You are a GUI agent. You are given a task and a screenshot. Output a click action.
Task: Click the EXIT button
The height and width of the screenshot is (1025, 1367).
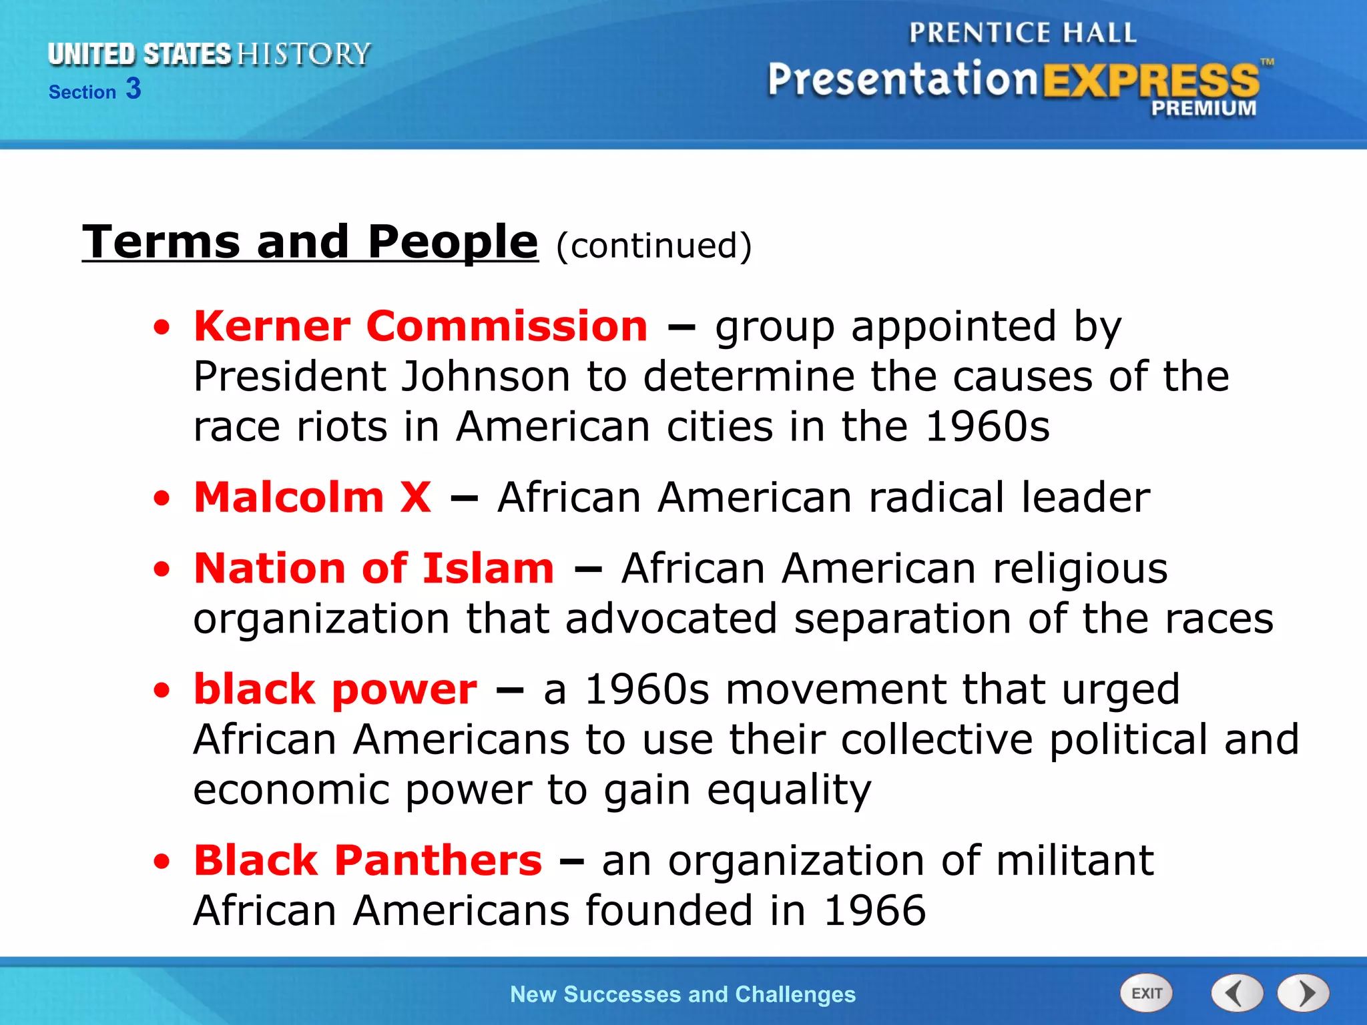pyautogui.click(x=1146, y=994)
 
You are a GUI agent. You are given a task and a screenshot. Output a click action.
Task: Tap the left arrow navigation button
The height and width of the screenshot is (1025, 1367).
pyautogui.click(x=1237, y=994)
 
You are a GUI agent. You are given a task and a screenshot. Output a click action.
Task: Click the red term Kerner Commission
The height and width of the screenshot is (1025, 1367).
pyautogui.click(x=421, y=326)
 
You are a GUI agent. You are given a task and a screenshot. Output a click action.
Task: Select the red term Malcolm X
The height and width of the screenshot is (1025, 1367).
pyautogui.click(x=312, y=497)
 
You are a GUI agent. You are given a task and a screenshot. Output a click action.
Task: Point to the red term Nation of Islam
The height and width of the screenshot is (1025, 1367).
pyautogui.click(x=374, y=569)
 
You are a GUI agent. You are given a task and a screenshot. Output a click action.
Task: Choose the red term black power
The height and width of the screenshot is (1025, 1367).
pyautogui.click(x=335, y=689)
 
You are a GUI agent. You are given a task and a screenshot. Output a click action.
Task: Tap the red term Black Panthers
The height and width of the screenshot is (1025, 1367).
pyautogui.click(x=368, y=860)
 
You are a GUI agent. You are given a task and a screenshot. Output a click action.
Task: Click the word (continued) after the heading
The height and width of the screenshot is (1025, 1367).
pyautogui.click(x=653, y=246)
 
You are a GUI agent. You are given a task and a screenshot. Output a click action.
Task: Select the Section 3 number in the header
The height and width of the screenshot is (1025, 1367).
pyautogui.click(x=133, y=89)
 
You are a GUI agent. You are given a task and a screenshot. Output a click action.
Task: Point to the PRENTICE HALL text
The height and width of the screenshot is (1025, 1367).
pyautogui.click(x=1022, y=33)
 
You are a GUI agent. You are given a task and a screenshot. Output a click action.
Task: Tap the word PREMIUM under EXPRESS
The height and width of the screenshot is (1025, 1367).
pyautogui.click(x=1203, y=108)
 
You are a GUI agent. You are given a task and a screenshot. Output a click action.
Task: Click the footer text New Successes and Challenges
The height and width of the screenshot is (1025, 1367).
pyautogui.click(x=682, y=994)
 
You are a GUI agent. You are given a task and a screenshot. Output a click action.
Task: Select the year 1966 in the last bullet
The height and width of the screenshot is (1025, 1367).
pyautogui.click(x=874, y=911)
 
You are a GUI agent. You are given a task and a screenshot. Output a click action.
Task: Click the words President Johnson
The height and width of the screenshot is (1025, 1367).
pyautogui.click(x=382, y=376)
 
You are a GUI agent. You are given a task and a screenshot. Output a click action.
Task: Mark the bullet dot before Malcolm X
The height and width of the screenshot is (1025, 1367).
pyautogui.click(x=162, y=498)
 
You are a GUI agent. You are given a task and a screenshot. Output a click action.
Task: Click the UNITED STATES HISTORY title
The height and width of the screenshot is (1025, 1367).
pyautogui.click(x=209, y=54)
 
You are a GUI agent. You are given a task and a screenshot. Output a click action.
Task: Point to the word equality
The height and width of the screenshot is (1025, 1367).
pyautogui.click(x=789, y=790)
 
